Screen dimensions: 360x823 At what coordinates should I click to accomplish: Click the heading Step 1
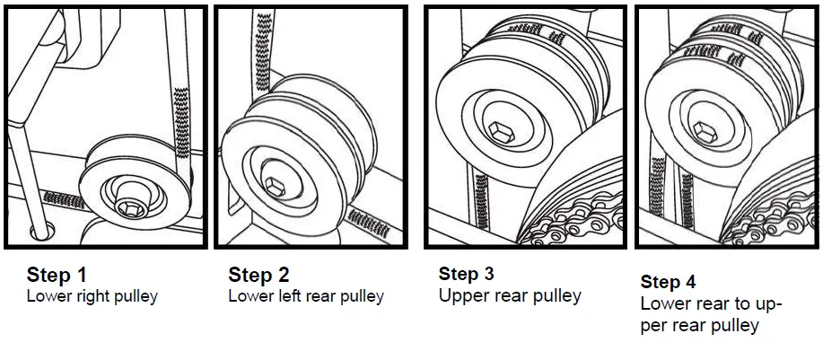click(x=57, y=274)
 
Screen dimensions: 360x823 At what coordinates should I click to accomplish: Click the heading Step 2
click(x=259, y=274)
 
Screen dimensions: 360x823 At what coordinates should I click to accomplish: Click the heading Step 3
click(x=466, y=273)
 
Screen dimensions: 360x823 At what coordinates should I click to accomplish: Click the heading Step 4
click(x=668, y=281)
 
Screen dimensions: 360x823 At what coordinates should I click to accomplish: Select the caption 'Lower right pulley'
click(x=92, y=296)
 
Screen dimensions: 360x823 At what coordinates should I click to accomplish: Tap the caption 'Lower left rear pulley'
click(x=306, y=296)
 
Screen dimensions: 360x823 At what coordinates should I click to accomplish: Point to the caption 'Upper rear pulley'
click(x=510, y=294)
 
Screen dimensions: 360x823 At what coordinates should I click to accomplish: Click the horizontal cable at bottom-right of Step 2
click(x=367, y=221)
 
